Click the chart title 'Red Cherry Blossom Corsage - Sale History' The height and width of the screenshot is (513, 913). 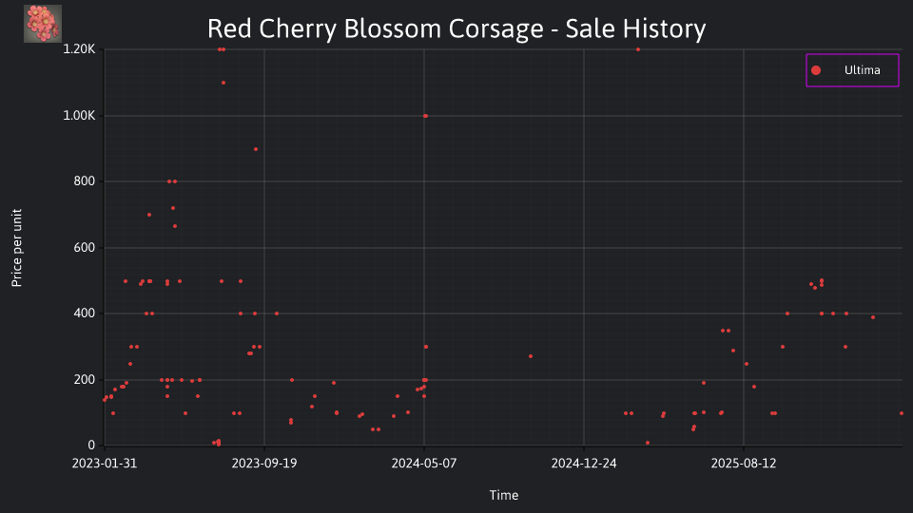456,28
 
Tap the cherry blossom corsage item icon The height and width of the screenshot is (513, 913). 43,24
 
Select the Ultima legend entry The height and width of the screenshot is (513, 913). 852,70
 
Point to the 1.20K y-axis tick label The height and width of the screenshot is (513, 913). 79,49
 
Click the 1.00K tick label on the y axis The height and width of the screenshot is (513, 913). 79,116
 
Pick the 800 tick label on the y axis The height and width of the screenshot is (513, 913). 85,181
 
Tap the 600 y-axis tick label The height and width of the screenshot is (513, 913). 85,248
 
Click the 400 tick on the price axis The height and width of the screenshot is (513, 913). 85,313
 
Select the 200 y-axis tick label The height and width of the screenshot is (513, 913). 85,380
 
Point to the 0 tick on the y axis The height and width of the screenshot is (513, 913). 91,446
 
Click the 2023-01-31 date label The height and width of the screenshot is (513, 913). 105,464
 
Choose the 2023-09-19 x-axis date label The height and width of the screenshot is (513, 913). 264,464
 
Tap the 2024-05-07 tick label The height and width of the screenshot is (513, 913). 424,464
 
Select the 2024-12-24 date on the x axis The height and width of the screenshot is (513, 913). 584,464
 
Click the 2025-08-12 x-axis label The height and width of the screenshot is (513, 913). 744,464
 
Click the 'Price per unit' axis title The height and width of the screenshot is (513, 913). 17,248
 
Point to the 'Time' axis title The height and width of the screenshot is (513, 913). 504,496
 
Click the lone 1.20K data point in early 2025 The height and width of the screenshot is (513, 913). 638,49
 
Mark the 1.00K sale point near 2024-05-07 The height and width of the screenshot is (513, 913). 426,116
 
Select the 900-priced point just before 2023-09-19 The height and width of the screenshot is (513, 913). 256,149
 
